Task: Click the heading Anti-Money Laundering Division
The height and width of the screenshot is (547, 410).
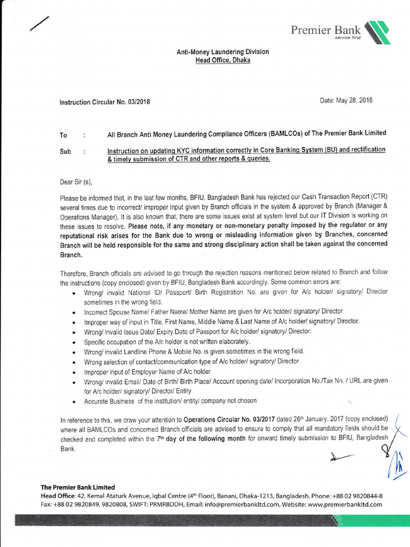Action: pyautogui.click(x=223, y=52)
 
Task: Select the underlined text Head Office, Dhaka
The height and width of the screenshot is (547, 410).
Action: pyautogui.click(x=223, y=60)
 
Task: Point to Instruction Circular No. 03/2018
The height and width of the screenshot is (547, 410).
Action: pyautogui.click(x=105, y=102)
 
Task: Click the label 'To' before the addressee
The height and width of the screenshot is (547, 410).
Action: pyautogui.click(x=64, y=136)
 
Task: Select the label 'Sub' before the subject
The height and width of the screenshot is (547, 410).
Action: pyautogui.click(x=65, y=152)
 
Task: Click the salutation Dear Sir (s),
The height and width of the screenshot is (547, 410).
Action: pyautogui.click(x=80, y=182)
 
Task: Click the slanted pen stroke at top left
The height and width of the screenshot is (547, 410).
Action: pyautogui.click(x=41, y=25)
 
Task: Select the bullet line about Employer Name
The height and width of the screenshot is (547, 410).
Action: pyautogui.click(x=147, y=371)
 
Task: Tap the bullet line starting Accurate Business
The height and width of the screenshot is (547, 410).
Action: pyautogui.click(x=170, y=401)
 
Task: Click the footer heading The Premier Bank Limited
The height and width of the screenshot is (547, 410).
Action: pyautogui.click(x=78, y=487)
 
